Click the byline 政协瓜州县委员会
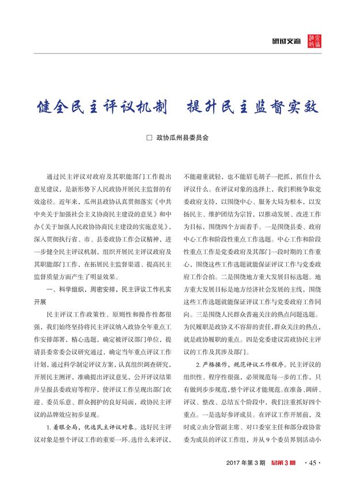[x=183, y=139]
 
